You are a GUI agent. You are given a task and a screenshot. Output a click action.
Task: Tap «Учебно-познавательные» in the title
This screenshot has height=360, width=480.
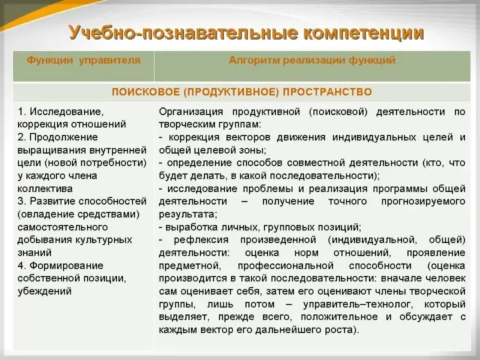coord(183,33)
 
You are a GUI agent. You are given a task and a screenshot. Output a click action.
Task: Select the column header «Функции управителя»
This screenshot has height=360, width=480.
coord(83,60)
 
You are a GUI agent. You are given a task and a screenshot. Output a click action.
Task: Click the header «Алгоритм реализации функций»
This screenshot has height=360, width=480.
coord(312,60)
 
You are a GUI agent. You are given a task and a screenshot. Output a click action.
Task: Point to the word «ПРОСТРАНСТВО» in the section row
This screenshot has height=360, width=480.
coord(327,92)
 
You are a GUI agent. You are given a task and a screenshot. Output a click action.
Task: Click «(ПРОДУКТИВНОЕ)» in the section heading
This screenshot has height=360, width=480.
coord(231,92)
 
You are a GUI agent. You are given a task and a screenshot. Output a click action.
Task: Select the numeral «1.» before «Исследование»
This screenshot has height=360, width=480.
coord(22,112)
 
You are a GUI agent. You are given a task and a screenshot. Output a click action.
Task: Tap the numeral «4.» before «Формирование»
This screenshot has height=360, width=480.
coord(22,265)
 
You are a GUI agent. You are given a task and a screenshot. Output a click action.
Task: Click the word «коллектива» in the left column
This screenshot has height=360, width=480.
coord(45,188)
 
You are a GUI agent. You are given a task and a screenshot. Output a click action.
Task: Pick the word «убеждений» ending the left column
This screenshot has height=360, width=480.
coord(44,291)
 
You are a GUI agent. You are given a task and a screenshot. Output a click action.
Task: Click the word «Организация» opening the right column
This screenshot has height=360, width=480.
coord(191,112)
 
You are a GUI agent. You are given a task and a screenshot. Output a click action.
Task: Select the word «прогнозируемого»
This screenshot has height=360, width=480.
coord(424,202)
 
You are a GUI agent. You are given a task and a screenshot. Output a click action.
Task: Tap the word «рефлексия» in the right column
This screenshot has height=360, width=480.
coord(201,239)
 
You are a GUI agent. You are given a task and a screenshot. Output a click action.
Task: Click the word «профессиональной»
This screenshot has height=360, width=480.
coord(286,265)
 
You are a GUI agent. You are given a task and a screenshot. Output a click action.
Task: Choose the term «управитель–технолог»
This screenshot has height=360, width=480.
coord(357,304)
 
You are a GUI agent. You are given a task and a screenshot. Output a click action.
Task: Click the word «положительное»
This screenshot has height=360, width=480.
coord(339,317)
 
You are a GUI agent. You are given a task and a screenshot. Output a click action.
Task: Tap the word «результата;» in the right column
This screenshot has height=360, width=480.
coord(188,214)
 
